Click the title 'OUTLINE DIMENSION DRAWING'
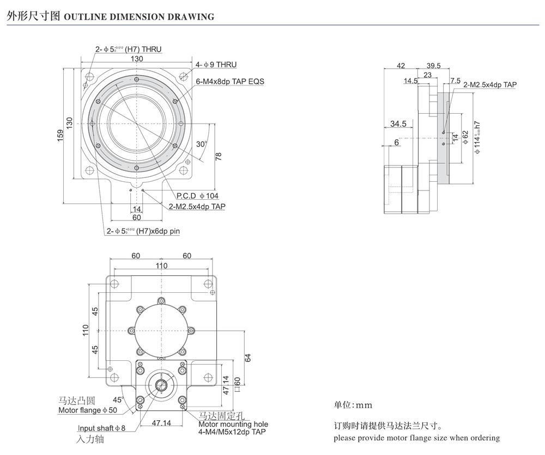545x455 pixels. pyautogui.click(x=139, y=17)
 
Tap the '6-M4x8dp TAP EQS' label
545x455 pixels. pyautogui.click(x=229, y=82)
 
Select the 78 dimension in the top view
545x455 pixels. pyautogui.click(x=219, y=156)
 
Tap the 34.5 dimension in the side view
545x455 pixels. pyautogui.click(x=398, y=124)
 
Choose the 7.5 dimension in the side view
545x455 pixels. pyautogui.click(x=455, y=81)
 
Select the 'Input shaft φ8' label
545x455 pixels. pyautogui.click(x=101, y=428)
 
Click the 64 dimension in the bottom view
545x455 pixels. pyautogui.click(x=248, y=358)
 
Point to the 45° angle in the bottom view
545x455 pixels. pyautogui.click(x=118, y=399)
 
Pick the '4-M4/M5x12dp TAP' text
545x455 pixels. pyautogui.click(x=232, y=432)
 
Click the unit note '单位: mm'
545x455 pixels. pyautogui.click(x=352, y=405)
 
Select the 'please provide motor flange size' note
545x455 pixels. pyautogui.click(x=416, y=438)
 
